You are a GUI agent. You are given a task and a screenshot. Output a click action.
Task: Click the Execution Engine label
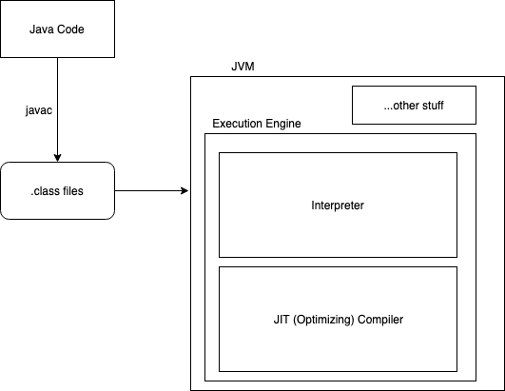257,125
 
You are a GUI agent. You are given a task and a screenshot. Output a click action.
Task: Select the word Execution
238,125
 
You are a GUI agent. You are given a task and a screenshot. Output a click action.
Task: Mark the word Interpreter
338,205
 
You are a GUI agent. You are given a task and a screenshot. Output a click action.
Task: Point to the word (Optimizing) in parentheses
324,320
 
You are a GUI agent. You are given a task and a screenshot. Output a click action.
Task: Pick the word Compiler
380,320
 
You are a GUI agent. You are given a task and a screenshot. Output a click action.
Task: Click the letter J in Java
31,29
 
